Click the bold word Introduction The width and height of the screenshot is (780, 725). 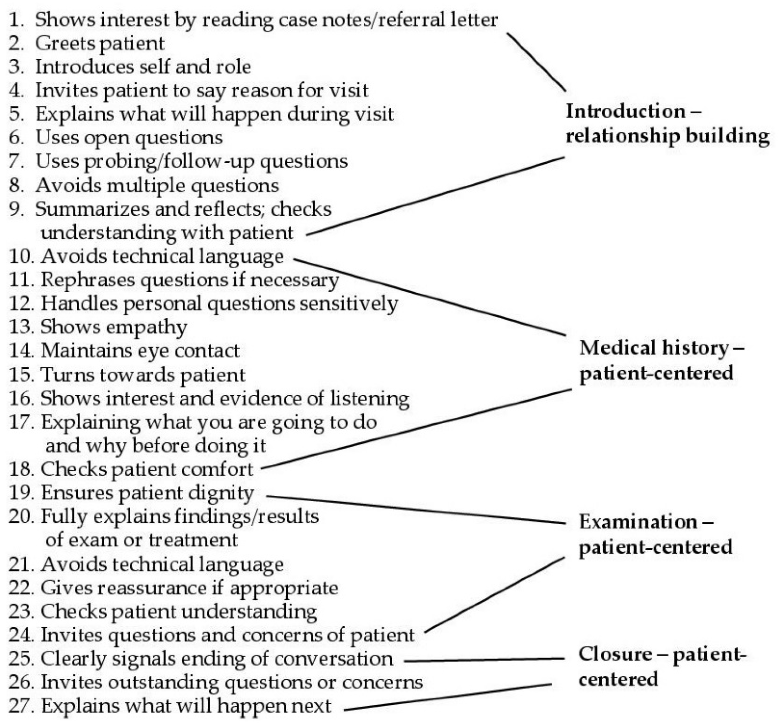coord(626,112)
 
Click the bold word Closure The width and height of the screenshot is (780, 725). coord(615,654)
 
